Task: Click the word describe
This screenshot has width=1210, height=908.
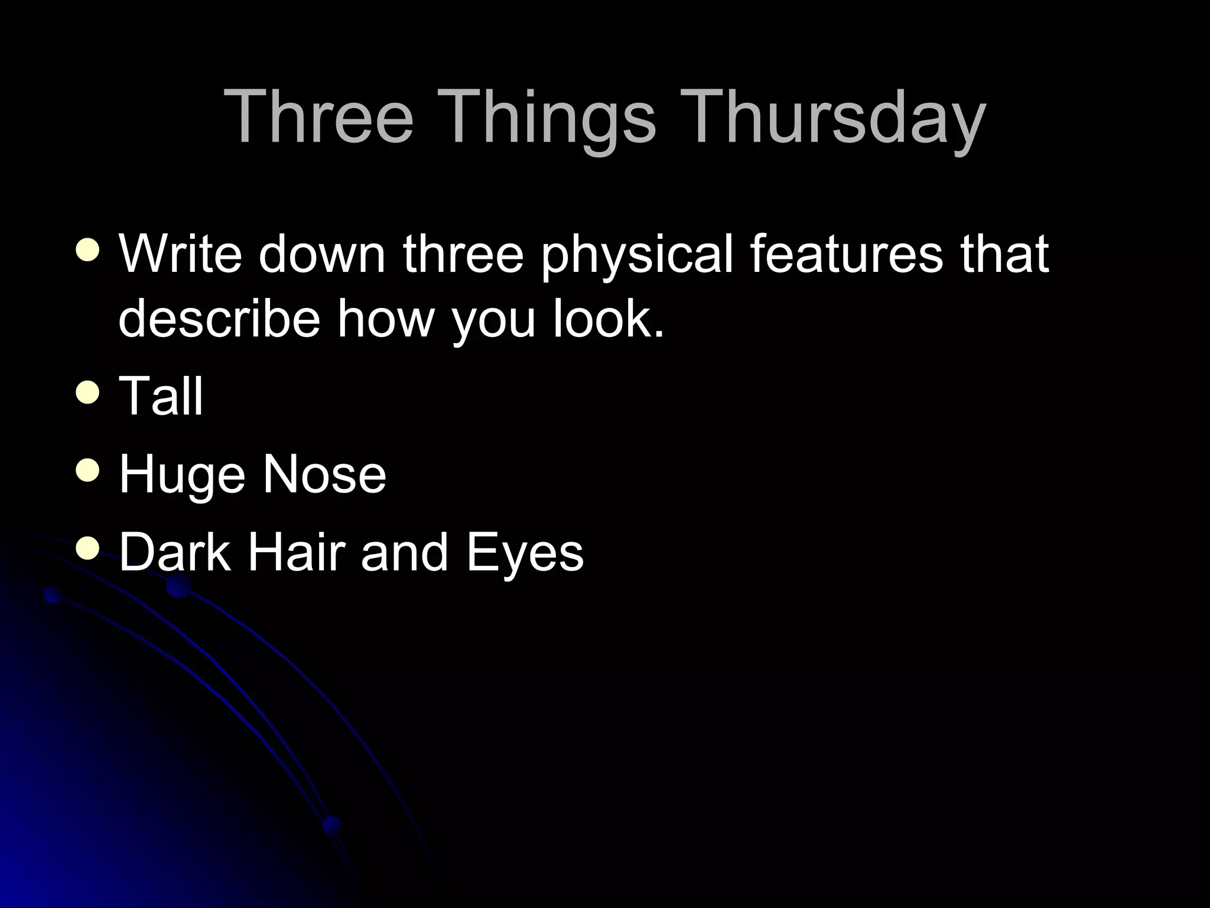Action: coord(219,319)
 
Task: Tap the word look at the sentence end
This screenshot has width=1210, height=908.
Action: coord(609,319)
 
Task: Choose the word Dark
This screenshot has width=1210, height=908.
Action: coord(175,552)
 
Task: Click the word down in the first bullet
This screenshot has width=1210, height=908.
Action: coord(322,254)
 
